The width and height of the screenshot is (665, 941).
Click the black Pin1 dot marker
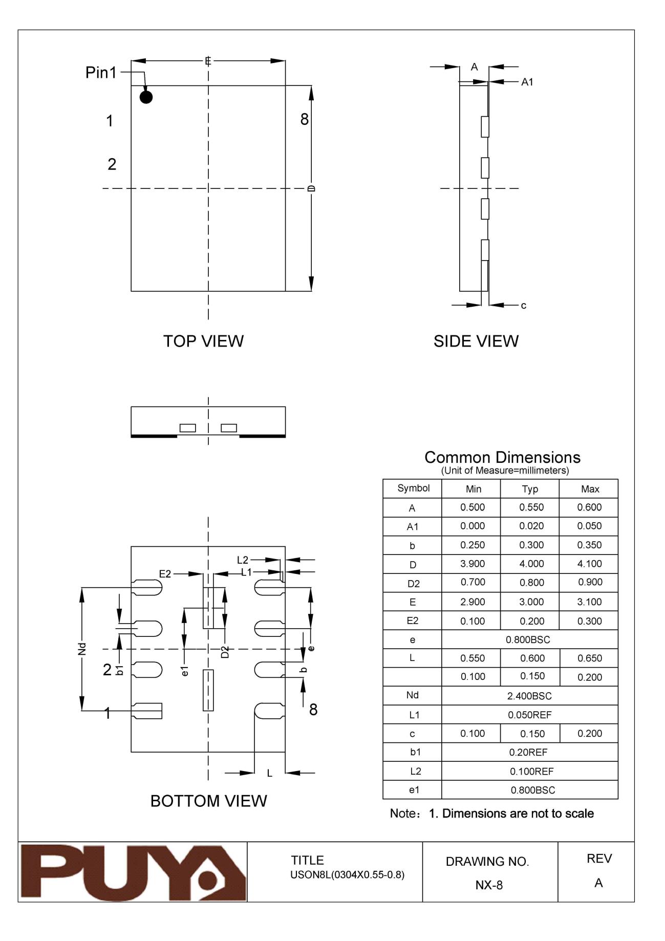pyautogui.click(x=146, y=97)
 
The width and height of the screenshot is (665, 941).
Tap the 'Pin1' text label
pyautogui.click(x=101, y=73)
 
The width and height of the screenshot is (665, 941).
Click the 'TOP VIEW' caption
pyautogui.click(x=203, y=341)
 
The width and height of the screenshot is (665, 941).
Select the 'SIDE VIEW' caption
pyautogui.click(x=476, y=341)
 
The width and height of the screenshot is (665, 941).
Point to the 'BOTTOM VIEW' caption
pyautogui.click(x=208, y=801)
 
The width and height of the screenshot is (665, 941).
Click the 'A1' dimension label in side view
pyautogui.click(x=527, y=82)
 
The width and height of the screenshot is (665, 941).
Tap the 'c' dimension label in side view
pyautogui.click(x=523, y=306)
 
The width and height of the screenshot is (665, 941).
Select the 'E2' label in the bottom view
pyautogui.click(x=165, y=574)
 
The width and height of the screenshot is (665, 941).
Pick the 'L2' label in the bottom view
pyautogui.click(x=242, y=560)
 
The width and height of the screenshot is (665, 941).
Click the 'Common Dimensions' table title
pyautogui.click(x=502, y=457)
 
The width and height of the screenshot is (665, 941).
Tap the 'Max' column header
pyautogui.click(x=590, y=489)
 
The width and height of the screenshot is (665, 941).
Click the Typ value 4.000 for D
pyautogui.click(x=531, y=564)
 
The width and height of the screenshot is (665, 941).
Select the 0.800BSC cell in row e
pyautogui.click(x=528, y=639)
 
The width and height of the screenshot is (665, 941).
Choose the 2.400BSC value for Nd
pyautogui.click(x=529, y=696)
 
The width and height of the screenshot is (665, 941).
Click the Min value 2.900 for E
pyautogui.click(x=473, y=602)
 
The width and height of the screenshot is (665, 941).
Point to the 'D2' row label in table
pyautogui.click(x=413, y=584)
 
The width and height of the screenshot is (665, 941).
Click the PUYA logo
pyautogui.click(x=133, y=872)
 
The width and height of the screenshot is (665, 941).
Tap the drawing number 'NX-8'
pyautogui.click(x=489, y=885)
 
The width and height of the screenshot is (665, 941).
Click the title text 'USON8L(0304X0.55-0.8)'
pyautogui.click(x=347, y=875)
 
